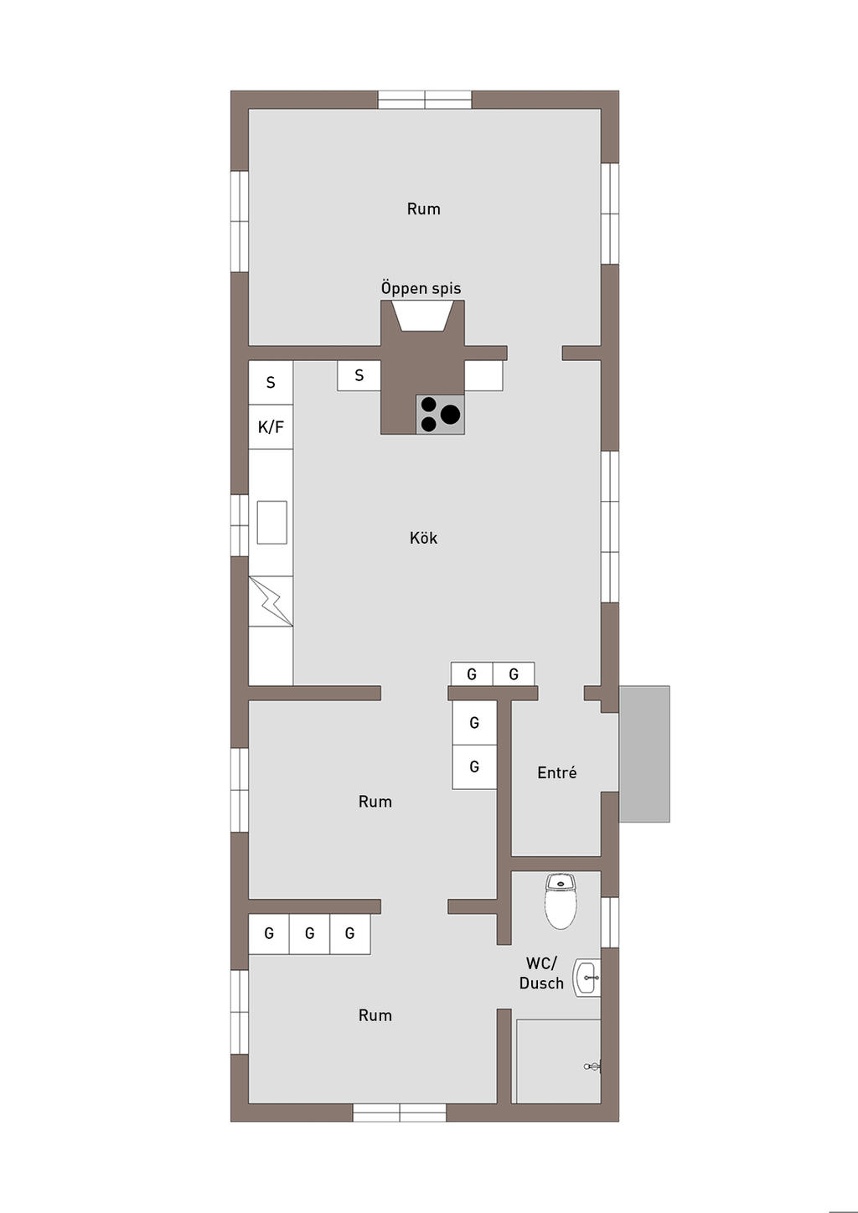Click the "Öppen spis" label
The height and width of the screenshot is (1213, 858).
coord(421,288)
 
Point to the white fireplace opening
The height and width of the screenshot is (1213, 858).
coord(422,317)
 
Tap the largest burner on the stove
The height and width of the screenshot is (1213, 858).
coord(450,415)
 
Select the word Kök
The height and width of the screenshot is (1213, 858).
coord(423,538)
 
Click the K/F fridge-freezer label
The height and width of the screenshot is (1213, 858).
coord(271,427)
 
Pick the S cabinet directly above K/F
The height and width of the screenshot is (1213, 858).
coord(271,382)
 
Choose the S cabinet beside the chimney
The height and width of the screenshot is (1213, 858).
coord(359,375)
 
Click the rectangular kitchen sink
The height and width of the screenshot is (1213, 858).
coord(272,522)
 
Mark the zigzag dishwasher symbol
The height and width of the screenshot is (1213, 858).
coord(271,601)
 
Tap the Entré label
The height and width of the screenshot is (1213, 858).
coord(557,772)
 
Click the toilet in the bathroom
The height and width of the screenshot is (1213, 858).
coord(561,901)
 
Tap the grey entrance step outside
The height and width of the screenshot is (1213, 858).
coord(644,754)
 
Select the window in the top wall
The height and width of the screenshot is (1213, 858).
coord(425,100)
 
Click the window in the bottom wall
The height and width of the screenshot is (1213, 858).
coord(400,1113)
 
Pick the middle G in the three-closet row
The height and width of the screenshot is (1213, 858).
coord(310,933)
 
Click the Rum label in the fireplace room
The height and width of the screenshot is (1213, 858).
coord(424,209)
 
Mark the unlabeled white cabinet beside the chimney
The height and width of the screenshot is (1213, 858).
coord(483,375)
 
